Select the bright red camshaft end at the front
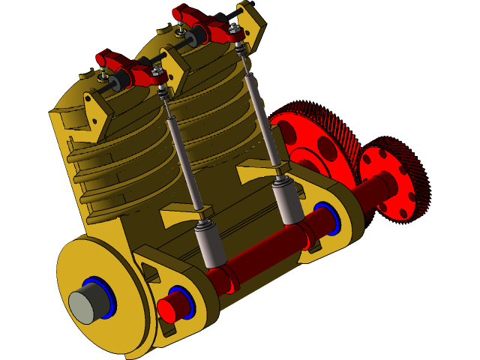(x=169, y=308)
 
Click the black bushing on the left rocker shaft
(x=117, y=79)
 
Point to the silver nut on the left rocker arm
(x=157, y=72)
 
